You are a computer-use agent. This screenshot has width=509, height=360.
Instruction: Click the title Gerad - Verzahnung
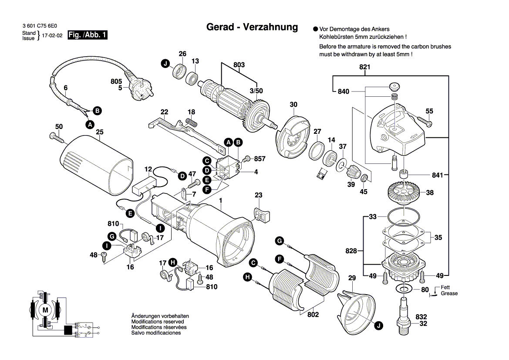(252, 27)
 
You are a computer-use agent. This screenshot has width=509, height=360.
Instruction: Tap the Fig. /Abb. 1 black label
(88, 35)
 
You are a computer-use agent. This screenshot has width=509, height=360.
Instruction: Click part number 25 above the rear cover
(99, 132)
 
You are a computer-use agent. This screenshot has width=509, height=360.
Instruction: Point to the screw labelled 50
(57, 138)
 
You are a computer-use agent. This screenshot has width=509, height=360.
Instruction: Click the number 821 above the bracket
(364, 67)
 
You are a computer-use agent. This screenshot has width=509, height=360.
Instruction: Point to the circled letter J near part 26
(165, 64)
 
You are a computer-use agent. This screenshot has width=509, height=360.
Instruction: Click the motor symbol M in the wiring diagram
(45, 310)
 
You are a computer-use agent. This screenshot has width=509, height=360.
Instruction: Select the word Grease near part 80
(449, 293)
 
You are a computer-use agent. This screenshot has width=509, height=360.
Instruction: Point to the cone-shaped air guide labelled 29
(357, 306)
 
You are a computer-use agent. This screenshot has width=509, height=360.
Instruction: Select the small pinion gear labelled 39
(352, 175)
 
